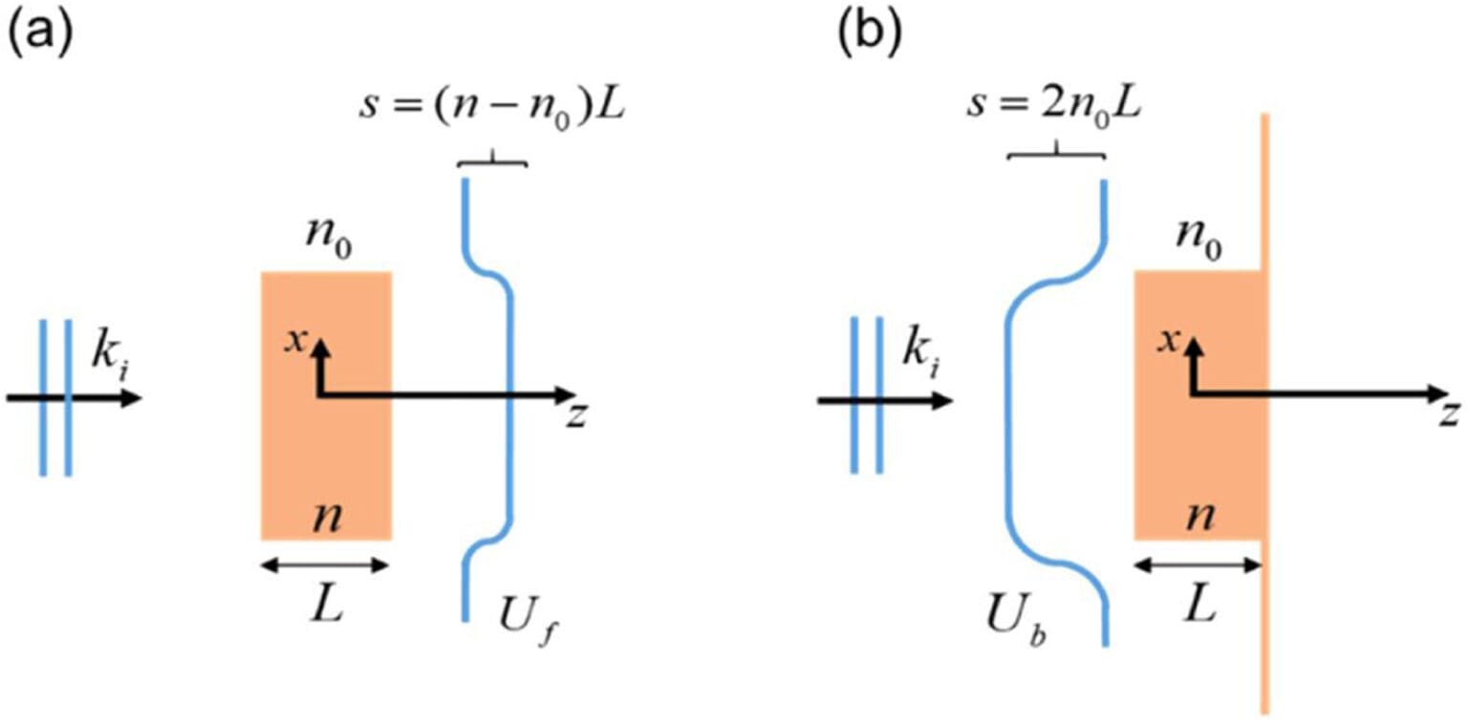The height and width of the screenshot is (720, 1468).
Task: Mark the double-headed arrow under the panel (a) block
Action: [326, 565]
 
